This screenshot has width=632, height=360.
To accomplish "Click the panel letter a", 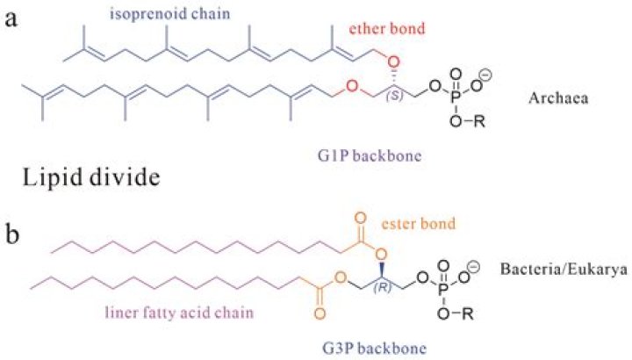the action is (x=11, y=19).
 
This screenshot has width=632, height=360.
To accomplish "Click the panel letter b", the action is (x=12, y=234).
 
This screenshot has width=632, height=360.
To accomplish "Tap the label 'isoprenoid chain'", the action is (x=170, y=14).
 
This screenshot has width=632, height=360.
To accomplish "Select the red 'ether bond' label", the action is (x=386, y=29).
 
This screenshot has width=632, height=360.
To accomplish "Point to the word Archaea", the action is (x=558, y=98).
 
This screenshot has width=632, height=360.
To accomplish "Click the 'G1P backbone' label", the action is (x=370, y=155).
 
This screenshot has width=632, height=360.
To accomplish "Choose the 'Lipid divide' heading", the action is (x=90, y=177).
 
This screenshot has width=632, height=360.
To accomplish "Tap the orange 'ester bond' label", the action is (x=419, y=223).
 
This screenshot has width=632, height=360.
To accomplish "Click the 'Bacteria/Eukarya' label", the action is (x=564, y=269).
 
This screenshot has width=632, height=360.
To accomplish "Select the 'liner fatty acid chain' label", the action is (x=179, y=313).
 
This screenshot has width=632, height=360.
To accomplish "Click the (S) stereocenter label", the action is (x=395, y=97).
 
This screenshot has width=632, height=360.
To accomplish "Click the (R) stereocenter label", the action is (x=382, y=288).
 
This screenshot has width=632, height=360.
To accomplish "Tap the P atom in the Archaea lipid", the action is (x=456, y=97).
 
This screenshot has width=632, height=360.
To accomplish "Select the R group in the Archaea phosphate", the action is (x=479, y=121).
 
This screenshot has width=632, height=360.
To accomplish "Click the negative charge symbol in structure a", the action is (x=487, y=76).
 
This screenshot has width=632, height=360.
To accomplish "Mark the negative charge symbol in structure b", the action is (x=474, y=267).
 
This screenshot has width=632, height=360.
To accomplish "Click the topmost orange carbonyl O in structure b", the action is (x=361, y=219).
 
